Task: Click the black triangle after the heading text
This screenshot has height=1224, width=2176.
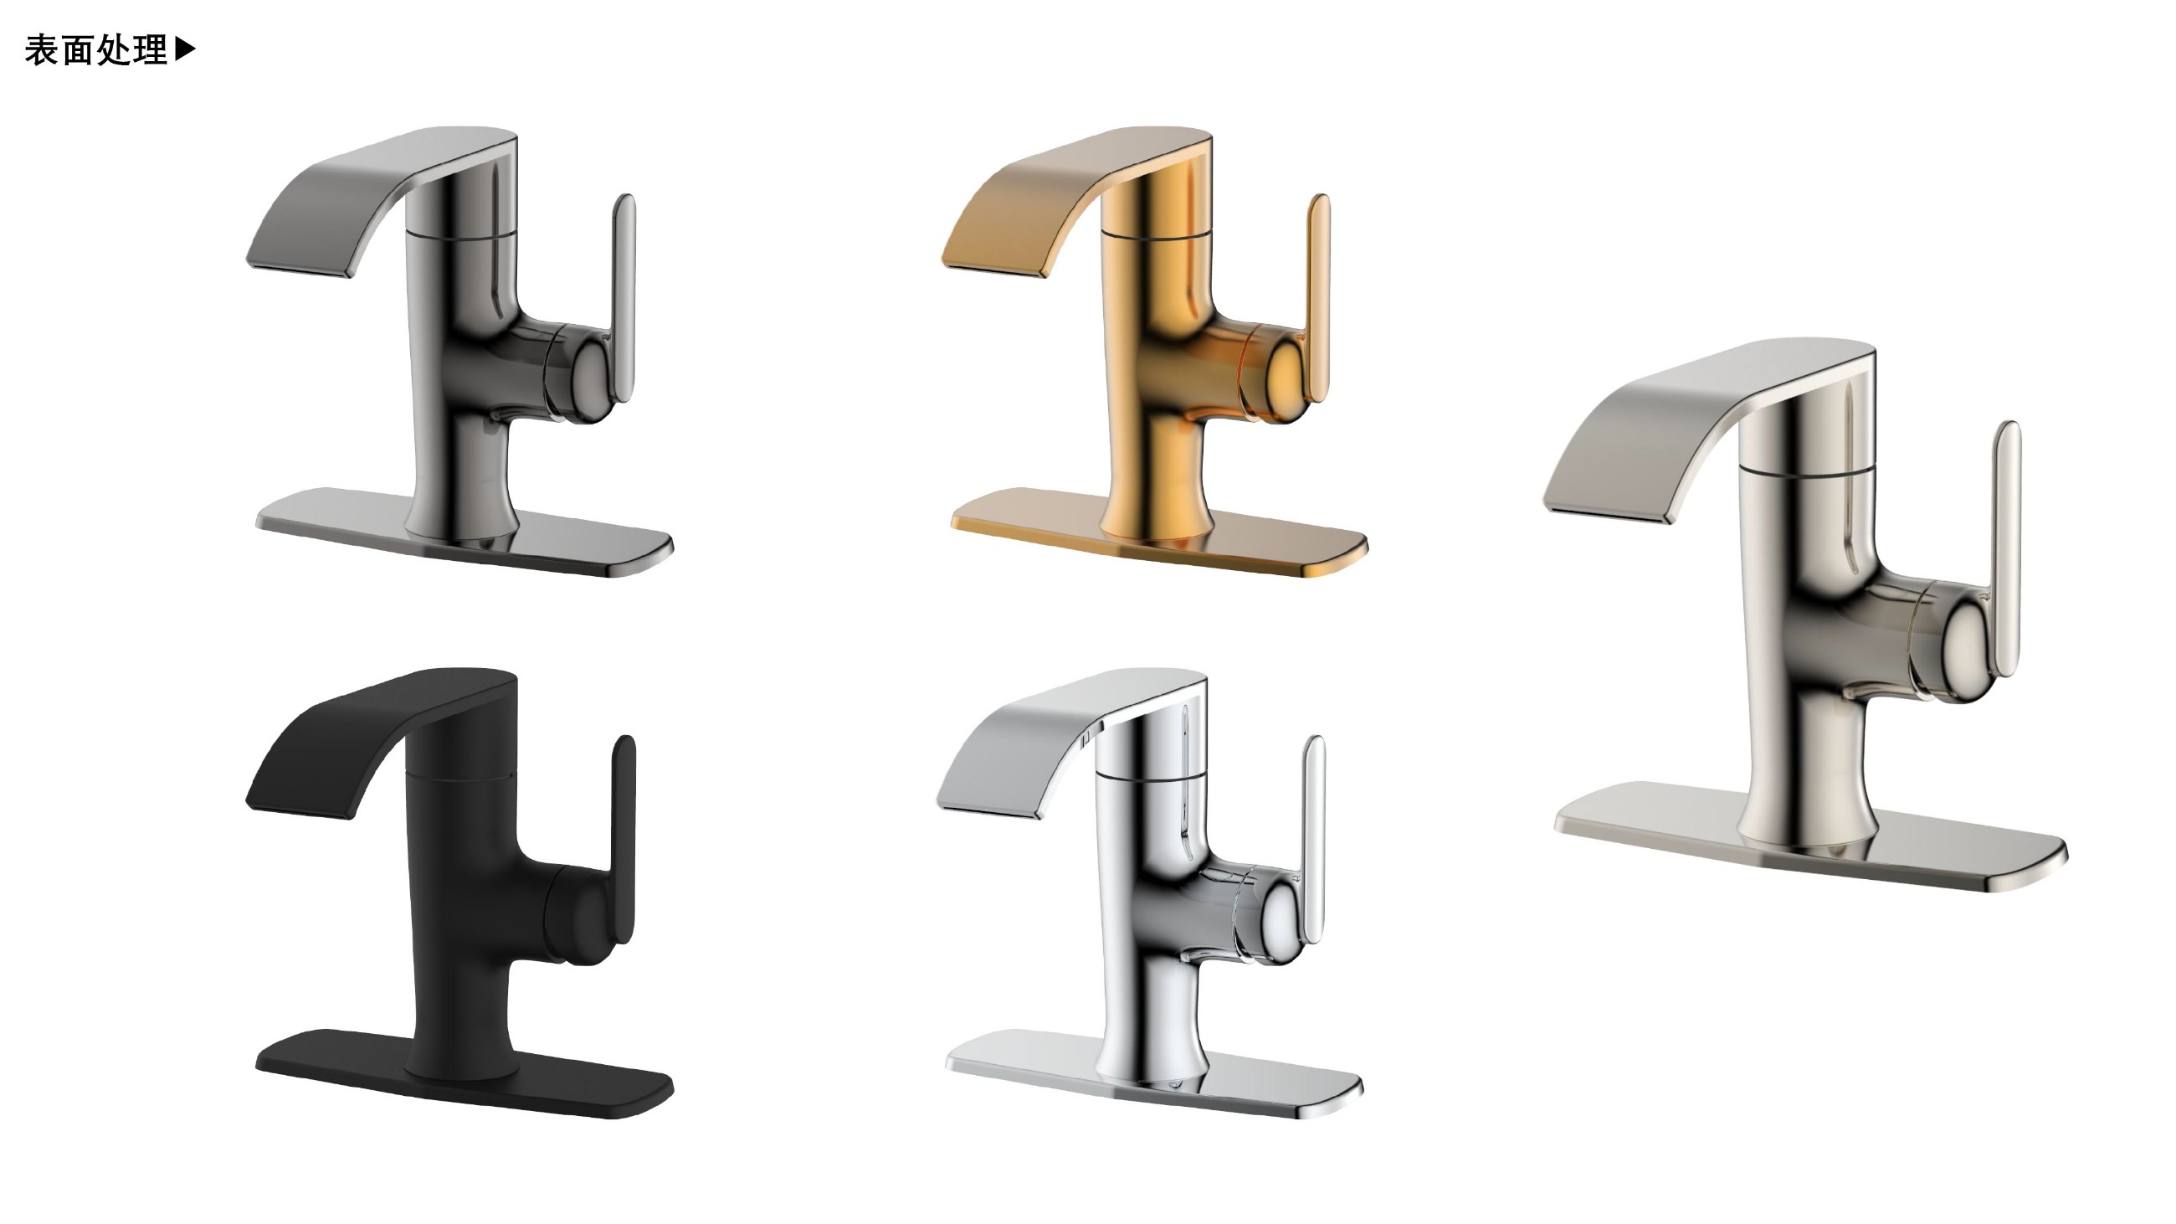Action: click(185, 50)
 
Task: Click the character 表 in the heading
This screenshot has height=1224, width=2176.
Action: click(41, 51)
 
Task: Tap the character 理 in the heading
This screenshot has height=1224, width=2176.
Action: click(151, 51)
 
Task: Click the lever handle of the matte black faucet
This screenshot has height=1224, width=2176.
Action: click(624, 840)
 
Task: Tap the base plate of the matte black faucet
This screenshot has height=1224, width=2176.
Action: click(464, 1073)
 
